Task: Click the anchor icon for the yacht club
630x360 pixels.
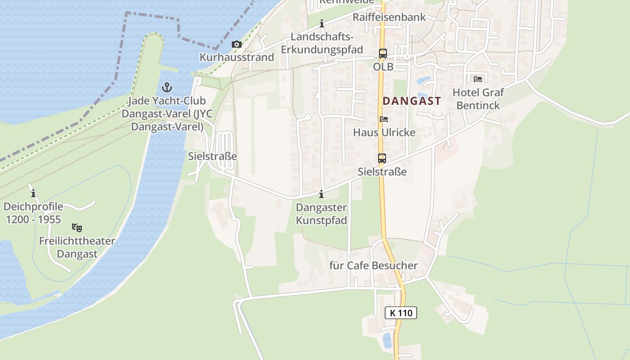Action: pyautogui.click(x=167, y=87)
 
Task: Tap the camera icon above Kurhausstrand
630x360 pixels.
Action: pyautogui.click(x=236, y=44)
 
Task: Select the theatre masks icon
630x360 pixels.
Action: pyautogui.click(x=77, y=228)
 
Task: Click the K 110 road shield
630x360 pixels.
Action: pyautogui.click(x=401, y=313)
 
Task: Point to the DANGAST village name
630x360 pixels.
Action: pyautogui.click(x=412, y=101)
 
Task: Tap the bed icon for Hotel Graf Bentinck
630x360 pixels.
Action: pyautogui.click(x=478, y=79)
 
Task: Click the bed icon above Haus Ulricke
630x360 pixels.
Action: pyautogui.click(x=384, y=119)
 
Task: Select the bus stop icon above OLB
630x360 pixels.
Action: pyautogui.click(x=382, y=54)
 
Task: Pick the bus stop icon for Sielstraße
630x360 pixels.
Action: pyautogui.click(x=382, y=158)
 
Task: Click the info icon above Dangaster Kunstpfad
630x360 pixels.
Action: pyautogui.click(x=321, y=194)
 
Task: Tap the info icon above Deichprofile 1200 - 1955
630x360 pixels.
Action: pyautogui.click(x=33, y=193)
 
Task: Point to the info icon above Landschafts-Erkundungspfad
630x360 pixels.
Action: pyautogui.click(x=322, y=23)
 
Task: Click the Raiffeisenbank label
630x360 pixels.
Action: pyautogui.click(x=389, y=17)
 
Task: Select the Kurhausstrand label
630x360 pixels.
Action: pyautogui.click(x=237, y=57)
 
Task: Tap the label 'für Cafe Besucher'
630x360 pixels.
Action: pyautogui.click(x=373, y=265)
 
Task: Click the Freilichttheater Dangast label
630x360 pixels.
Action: pyautogui.click(x=77, y=247)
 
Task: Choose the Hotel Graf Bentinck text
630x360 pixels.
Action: pyautogui.click(x=478, y=99)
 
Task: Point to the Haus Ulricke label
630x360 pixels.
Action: pyautogui.click(x=384, y=133)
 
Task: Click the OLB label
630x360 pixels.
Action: pyautogui.click(x=383, y=67)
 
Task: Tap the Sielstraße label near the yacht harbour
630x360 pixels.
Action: pyautogui.click(x=212, y=156)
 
